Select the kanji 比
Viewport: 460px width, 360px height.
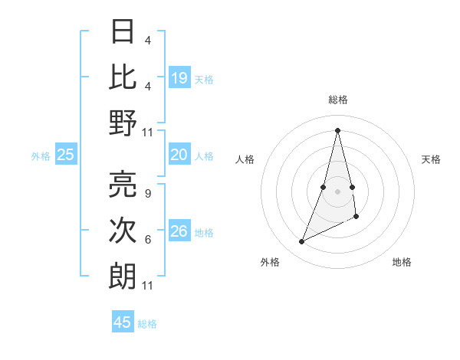[123, 77]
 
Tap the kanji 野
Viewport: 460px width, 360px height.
[123, 123]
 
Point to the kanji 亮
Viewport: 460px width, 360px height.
[123, 185]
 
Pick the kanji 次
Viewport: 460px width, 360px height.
[123, 231]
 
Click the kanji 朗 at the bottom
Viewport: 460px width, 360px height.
[123, 277]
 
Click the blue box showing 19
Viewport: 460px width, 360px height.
[179, 77]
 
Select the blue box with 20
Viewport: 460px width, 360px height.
[179, 155]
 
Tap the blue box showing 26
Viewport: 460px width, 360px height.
[179, 231]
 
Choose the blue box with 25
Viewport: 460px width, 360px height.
[65, 155]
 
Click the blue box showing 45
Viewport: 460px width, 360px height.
[123, 322]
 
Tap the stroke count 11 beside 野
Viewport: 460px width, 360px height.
[148, 132]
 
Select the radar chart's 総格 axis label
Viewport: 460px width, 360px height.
[337, 100]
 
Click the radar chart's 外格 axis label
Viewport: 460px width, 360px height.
[270, 262]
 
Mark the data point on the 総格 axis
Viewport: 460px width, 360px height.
[337, 129]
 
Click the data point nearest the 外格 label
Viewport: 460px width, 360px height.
[301, 242]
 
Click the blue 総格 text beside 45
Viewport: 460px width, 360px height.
[147, 324]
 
